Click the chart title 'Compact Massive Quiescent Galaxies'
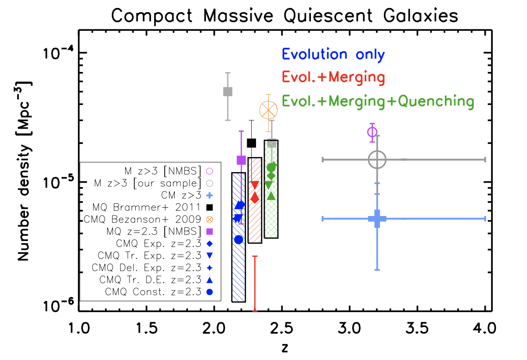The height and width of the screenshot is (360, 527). pyautogui.click(x=285, y=16)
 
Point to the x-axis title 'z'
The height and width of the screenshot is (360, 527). pyautogui.click(x=285, y=348)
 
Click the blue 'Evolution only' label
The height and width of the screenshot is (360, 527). pyautogui.click(x=334, y=54)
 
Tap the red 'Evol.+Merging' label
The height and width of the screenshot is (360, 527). pyautogui.click(x=334, y=78)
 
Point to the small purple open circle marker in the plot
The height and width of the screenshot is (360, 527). pyautogui.click(x=372, y=132)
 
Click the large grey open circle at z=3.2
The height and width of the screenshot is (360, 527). pyautogui.click(x=377, y=159)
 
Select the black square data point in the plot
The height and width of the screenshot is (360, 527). pyautogui.click(x=252, y=143)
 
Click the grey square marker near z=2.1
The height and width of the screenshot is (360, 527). pyautogui.click(x=227, y=92)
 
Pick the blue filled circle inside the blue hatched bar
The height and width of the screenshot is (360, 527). pyautogui.click(x=238, y=240)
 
